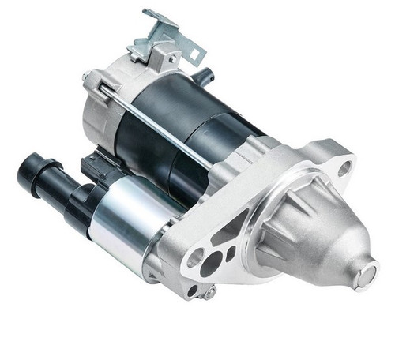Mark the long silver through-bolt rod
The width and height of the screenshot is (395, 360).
pos(158,126)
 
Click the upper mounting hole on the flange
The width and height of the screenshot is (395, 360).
pos(345,167)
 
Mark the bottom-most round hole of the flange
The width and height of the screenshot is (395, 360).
pos(191,290)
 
